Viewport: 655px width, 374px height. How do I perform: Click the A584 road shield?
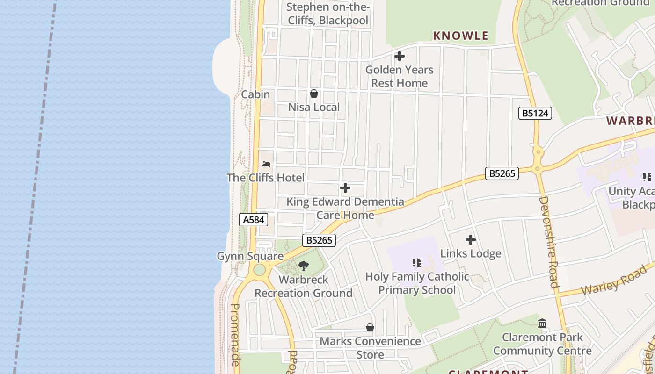tap(254, 220)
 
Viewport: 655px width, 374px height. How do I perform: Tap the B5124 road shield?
tap(535, 113)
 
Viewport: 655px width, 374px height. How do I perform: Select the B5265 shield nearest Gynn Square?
tap(320, 240)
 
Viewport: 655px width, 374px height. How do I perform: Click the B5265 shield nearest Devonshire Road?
tap(502, 173)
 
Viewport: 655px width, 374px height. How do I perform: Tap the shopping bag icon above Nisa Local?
tap(314, 93)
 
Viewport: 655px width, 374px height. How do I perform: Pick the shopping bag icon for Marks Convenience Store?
tap(370, 327)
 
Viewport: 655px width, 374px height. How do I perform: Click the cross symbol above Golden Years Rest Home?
tap(400, 56)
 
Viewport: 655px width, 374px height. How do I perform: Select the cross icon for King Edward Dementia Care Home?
tap(345, 188)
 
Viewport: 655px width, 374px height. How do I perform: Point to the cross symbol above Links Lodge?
tap(471, 240)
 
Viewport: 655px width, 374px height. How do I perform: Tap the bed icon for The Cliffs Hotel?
tap(266, 164)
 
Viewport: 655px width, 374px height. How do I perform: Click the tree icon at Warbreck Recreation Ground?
tap(304, 266)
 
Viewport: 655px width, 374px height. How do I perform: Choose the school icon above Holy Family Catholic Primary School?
tap(417, 263)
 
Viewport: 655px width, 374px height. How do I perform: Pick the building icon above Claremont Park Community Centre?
tap(542, 323)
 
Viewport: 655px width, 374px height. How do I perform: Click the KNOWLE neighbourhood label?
tap(461, 36)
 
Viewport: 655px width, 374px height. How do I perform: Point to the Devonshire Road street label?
tap(548, 242)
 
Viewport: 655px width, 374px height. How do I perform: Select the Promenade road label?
tap(235, 334)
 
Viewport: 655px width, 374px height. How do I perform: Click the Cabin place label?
tap(255, 94)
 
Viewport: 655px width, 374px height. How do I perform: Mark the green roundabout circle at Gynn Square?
tap(259, 270)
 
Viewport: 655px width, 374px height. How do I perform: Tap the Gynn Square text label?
tap(250, 256)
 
